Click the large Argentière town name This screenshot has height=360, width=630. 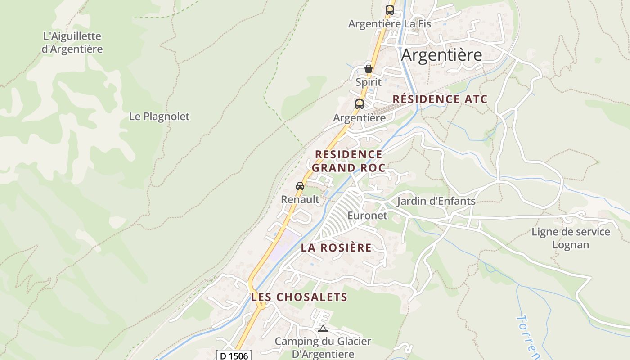tap(441, 55)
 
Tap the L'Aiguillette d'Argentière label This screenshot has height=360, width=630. tap(72, 43)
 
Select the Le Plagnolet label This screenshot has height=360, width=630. tap(159, 117)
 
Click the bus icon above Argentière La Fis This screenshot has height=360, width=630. tap(390, 10)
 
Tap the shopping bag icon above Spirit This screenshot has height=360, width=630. tap(369, 69)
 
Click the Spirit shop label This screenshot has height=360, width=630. tap(369, 82)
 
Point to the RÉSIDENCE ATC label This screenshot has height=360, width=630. tap(440, 99)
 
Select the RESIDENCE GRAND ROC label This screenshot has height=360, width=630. tap(349, 161)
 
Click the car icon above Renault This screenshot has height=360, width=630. tap(300, 186)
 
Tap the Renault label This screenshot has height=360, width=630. tap(300, 199)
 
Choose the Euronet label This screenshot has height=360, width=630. tap(367, 216)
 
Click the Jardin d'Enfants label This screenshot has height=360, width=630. tap(436, 201)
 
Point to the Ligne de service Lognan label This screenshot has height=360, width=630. tap(571, 238)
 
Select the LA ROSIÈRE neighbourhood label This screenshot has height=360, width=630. tap(337, 247)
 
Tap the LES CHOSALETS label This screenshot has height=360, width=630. tap(299, 297)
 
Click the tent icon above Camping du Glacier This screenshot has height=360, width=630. tap(323, 328)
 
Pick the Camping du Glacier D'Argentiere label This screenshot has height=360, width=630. tap(323, 347)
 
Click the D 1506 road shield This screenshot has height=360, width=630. tap(234, 355)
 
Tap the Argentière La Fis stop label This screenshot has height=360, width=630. tap(390, 24)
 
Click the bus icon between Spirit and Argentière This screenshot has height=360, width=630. tap(360, 104)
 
